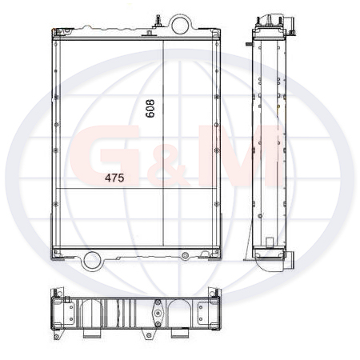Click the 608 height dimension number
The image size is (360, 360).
click(x=150, y=108)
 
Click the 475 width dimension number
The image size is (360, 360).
click(x=114, y=178)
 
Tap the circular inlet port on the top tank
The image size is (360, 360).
click(x=180, y=25)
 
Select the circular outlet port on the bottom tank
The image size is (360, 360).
click(x=91, y=261)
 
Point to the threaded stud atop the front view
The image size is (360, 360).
click(x=158, y=21)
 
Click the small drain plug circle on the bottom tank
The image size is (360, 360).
click(x=185, y=256)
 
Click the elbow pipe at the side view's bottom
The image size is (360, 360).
click(x=277, y=262)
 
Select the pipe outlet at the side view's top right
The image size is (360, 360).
click(x=290, y=25)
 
